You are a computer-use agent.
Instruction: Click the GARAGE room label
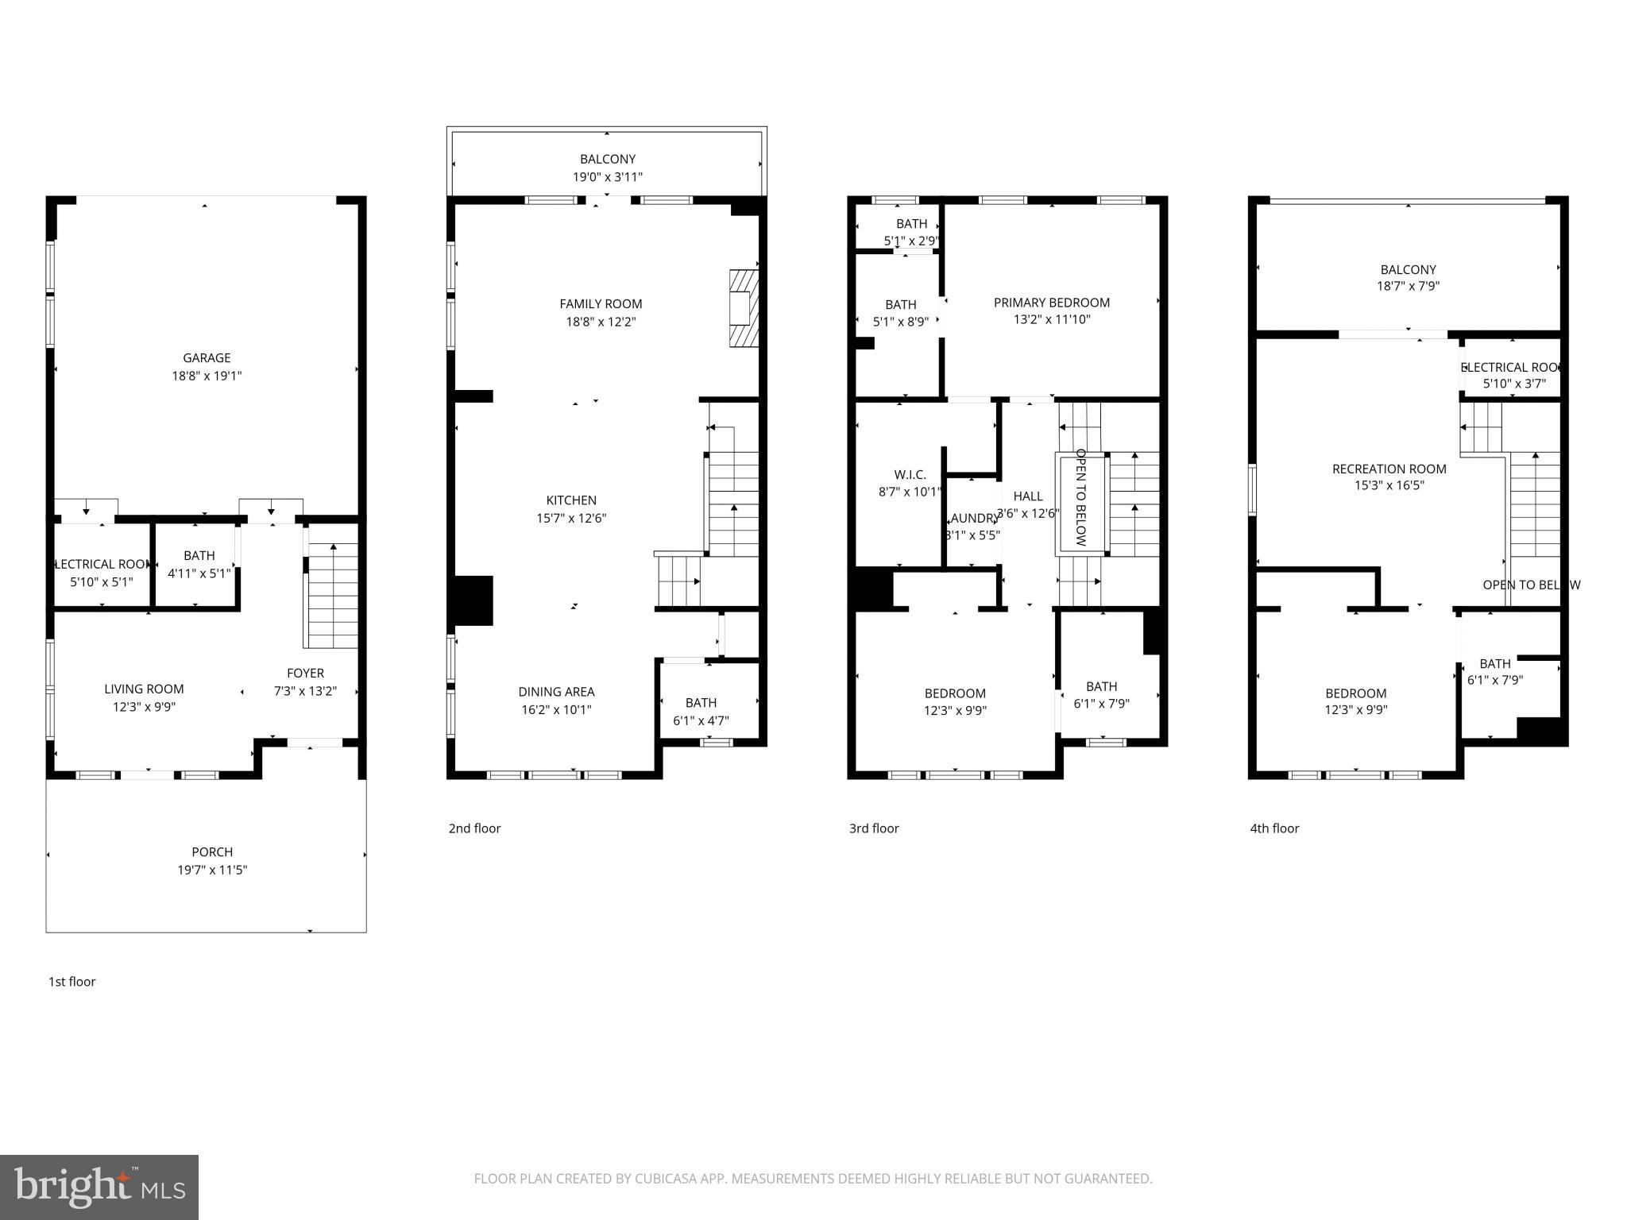(207, 358)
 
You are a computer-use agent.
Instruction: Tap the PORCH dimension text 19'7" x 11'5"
(212, 870)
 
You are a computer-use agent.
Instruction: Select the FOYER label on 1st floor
(305, 674)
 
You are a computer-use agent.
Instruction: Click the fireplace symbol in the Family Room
(744, 308)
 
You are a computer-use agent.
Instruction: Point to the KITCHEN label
(571, 500)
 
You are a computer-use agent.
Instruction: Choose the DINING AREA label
(556, 692)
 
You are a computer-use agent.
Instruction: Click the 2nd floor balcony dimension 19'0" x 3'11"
(608, 177)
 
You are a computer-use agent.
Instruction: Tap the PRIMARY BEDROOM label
(1051, 303)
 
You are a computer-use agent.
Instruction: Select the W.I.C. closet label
(910, 475)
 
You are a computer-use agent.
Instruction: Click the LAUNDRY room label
(973, 519)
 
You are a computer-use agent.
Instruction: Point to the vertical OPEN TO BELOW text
(1080, 497)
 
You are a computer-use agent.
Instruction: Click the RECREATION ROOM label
(1389, 469)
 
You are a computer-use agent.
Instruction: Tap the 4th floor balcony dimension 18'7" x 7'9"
(1408, 287)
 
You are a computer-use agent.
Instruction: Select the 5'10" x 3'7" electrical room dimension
(1514, 384)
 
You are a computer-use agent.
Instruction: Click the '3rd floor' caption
(874, 828)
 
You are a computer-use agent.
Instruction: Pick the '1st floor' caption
(72, 982)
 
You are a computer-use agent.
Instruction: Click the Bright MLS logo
(99, 1187)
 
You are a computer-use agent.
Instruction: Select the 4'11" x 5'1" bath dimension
(199, 573)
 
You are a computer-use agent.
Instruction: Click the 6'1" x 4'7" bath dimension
(701, 720)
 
